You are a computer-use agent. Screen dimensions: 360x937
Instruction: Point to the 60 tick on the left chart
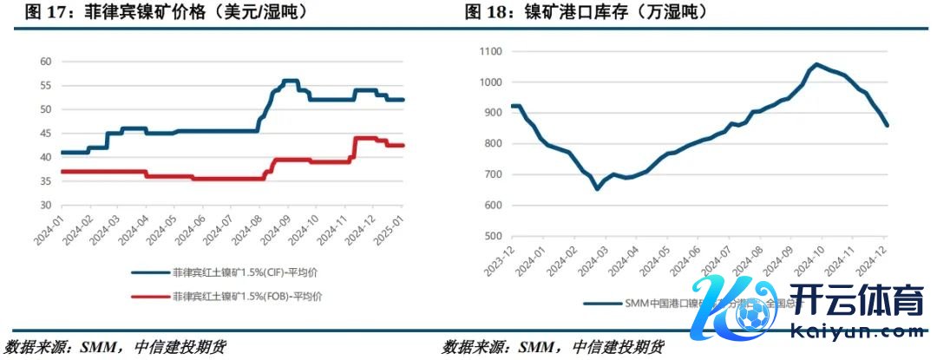[45, 62]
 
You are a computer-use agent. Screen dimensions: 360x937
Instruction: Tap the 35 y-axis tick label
[45, 181]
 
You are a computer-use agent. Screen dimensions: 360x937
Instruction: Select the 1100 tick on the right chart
[491, 52]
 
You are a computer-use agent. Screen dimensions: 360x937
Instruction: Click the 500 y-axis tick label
[494, 236]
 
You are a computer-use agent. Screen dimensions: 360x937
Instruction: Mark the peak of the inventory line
[816, 64]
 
